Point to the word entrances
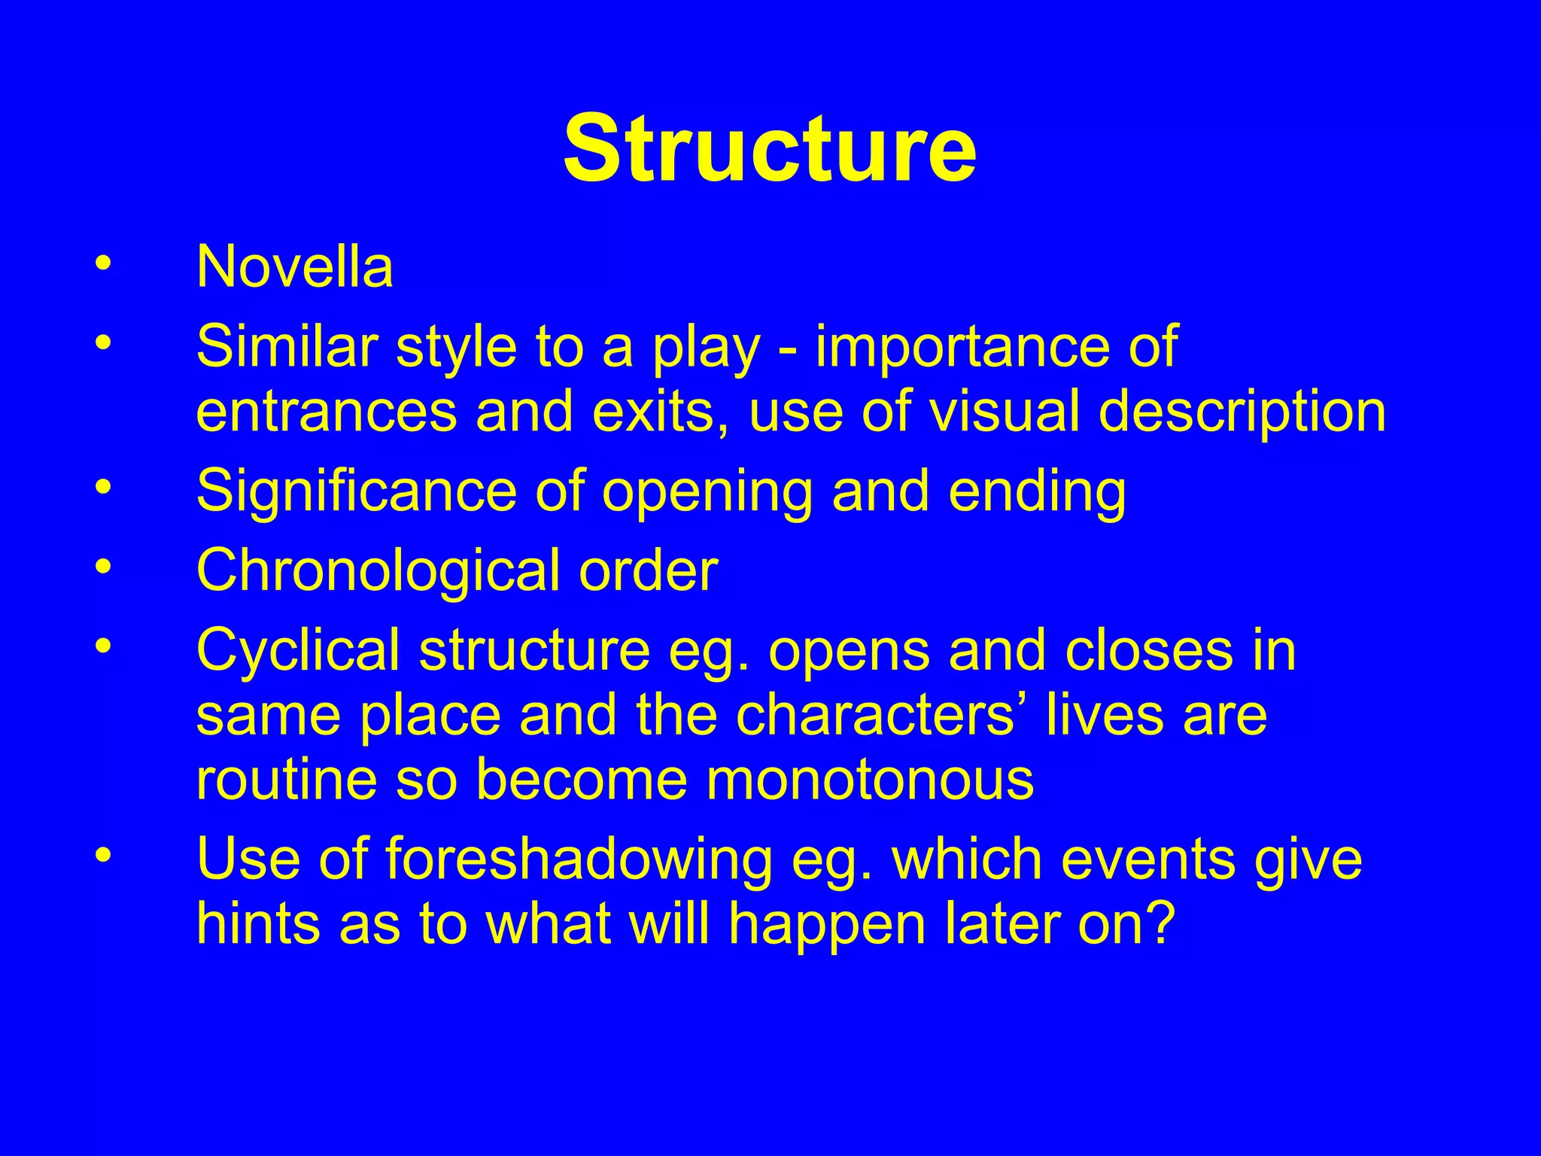[326, 412]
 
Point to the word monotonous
[869, 780]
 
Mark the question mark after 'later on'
[1159, 924]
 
